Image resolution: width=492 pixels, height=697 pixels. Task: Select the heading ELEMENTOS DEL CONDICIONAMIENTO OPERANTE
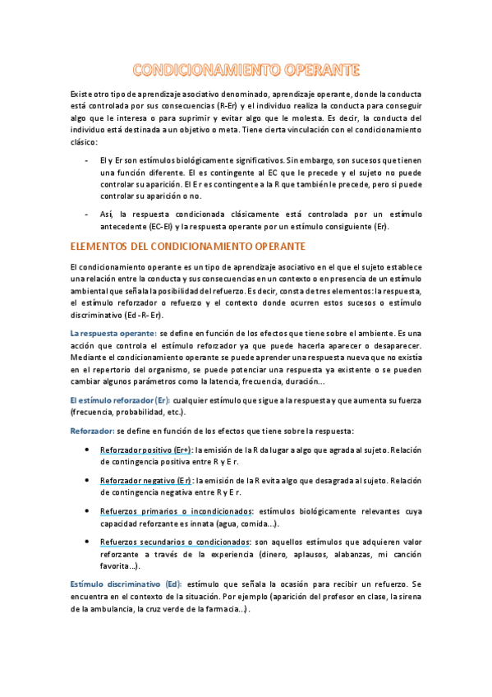(x=188, y=247)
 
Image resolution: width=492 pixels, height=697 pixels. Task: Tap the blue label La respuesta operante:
(x=113, y=333)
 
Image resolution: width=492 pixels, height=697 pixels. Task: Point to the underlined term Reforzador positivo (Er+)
(x=145, y=450)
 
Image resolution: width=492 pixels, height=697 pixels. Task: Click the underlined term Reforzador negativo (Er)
(x=145, y=480)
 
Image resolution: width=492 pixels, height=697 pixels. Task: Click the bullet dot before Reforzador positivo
(x=88, y=450)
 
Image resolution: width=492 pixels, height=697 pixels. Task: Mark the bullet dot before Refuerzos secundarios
(x=88, y=543)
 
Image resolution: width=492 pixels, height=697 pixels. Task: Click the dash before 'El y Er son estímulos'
(x=88, y=161)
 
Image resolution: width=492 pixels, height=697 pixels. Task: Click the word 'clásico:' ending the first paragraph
(x=84, y=142)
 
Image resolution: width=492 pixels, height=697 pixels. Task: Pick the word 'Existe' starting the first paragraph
(x=83, y=95)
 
